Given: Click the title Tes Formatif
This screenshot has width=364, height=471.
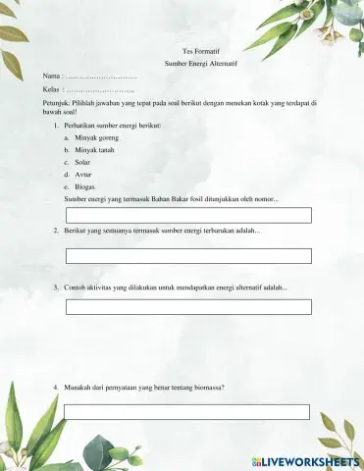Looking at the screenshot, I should point(202,48).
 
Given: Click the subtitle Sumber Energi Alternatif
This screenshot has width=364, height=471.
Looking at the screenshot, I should point(202,62).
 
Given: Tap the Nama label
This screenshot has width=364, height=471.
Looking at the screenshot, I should point(51,76).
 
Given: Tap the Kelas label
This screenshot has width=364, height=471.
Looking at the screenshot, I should point(52,89).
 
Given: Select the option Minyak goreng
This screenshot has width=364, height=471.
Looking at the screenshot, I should point(97,138).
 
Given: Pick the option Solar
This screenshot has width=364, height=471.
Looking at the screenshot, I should point(82,162).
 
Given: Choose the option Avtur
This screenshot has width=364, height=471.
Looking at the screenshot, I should point(83,174).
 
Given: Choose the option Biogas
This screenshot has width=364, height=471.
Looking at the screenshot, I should point(85,185).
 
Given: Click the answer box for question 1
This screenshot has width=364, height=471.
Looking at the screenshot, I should point(188,215).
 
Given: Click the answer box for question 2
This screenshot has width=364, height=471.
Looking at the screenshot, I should point(188,255).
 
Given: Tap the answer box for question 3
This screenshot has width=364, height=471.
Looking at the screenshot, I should point(188,306).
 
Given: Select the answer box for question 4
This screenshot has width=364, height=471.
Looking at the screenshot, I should point(188,411).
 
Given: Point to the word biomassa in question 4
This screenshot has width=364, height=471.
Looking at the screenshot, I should point(207,387).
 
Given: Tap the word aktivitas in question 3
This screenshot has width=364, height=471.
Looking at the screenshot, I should point(103,288).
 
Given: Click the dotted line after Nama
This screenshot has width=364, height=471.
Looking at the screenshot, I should point(101,76).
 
